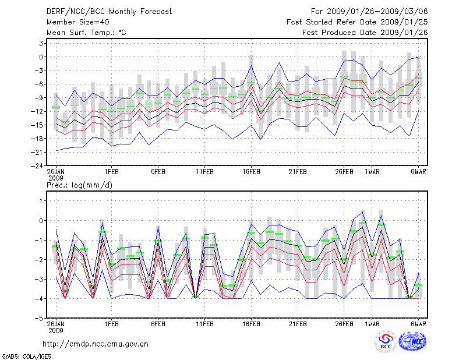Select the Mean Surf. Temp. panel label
point(86,33)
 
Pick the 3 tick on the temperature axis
point(42,43)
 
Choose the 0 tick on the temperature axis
point(42,57)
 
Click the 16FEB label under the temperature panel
point(251,171)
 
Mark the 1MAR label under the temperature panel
point(372,171)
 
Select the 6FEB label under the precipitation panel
point(158,323)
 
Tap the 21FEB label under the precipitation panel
point(298,323)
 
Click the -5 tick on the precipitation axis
point(40,318)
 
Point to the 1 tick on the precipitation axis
point(42,201)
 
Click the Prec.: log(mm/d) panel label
point(79,185)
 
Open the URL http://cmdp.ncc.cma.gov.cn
point(96,344)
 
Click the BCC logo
point(385,343)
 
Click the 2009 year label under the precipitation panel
point(56,329)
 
